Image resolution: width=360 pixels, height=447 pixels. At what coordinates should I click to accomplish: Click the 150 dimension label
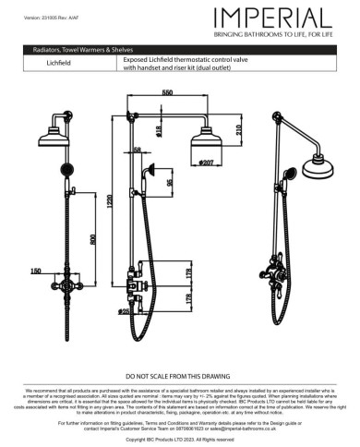point(35,271)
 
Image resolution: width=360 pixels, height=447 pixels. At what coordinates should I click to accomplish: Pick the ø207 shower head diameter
point(207,163)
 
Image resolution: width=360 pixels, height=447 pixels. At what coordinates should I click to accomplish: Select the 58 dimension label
point(138,149)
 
